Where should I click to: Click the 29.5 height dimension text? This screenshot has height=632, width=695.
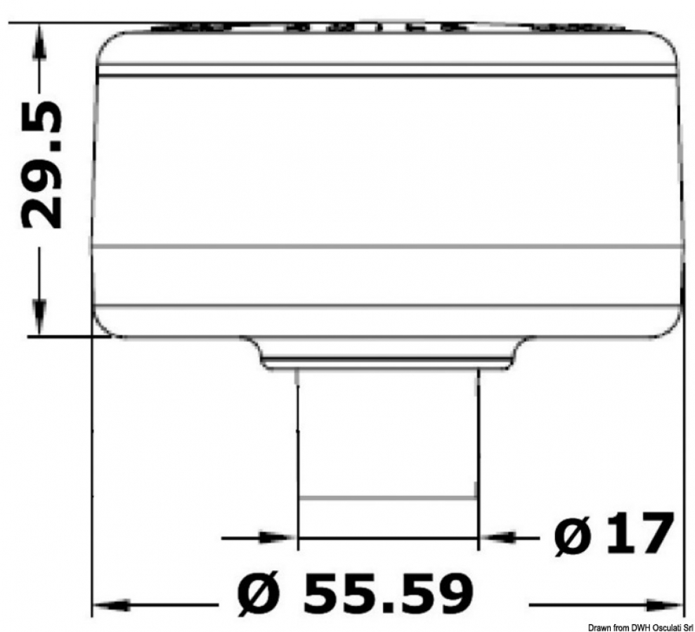tap(41, 166)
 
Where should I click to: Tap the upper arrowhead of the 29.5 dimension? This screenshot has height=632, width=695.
tap(40, 41)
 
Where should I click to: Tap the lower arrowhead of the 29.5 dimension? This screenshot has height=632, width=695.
tap(39, 317)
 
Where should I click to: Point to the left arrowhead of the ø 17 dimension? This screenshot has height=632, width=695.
tap(277, 538)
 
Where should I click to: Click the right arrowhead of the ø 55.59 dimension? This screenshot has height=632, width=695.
tap(663, 605)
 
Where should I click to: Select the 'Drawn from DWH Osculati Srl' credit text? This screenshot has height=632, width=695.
tap(641, 627)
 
